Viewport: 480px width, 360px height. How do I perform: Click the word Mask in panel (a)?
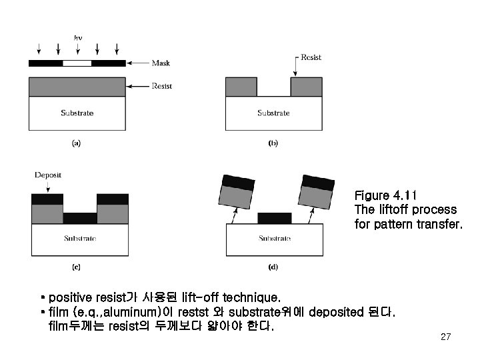[161, 63]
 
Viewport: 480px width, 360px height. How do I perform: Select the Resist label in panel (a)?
[162, 86]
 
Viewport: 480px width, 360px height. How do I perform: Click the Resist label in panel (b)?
[311, 57]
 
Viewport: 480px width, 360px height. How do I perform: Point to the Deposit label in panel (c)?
[47, 175]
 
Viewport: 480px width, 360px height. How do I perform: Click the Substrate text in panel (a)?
[77, 113]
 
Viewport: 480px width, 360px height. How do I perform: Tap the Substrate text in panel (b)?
[274, 113]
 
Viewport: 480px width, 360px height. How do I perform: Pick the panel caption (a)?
[76, 142]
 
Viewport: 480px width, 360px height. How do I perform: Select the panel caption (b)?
[273, 142]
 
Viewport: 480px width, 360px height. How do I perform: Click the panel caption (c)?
[76, 267]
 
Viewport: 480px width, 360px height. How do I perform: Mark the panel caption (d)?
[273, 267]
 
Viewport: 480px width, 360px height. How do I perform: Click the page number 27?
[446, 337]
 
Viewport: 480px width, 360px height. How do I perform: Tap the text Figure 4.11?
[385, 195]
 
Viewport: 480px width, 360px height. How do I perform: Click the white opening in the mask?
[77, 63]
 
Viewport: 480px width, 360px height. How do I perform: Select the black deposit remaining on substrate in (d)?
[274, 218]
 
